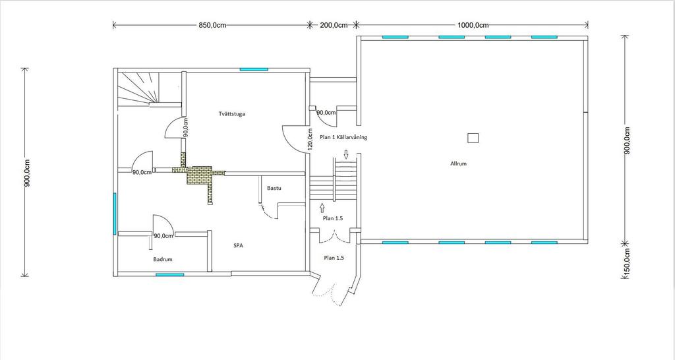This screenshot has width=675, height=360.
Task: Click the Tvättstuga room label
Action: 232,114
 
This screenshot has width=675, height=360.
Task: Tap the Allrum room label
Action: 459,164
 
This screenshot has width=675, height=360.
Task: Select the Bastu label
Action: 274,188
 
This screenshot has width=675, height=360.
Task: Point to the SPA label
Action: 238,245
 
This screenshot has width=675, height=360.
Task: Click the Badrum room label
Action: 163,259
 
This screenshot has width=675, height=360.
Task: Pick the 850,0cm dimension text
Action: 212,25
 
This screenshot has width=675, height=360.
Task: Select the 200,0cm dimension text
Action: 334,25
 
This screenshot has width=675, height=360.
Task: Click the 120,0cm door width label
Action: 309,140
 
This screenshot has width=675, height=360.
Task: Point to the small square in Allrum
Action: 473,138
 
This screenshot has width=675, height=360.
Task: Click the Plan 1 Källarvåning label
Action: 343,137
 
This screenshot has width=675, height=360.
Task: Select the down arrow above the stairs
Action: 345,154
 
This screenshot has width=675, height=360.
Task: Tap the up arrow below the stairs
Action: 322,208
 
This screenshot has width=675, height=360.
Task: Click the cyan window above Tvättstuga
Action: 254,69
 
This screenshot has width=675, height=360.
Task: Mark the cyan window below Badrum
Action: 169,274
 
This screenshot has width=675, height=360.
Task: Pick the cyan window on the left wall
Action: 115,214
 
